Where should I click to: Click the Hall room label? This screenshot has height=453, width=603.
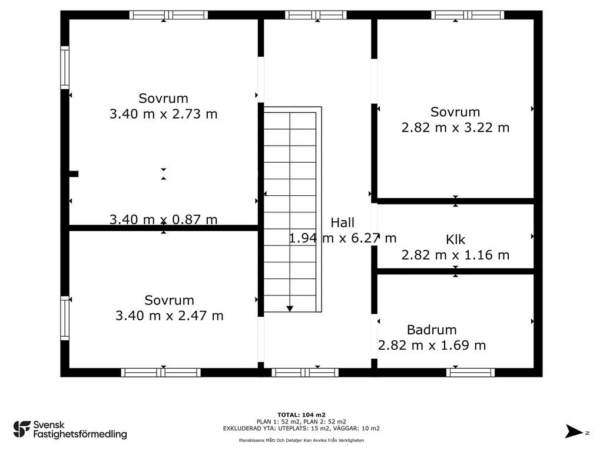click(x=342, y=222)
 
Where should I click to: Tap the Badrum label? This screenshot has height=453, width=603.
click(x=432, y=330)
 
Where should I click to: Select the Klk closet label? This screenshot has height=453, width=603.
click(x=455, y=239)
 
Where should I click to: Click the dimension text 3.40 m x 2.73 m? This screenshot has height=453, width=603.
click(x=164, y=114)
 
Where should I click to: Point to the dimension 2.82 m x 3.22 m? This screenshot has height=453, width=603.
click(x=455, y=127)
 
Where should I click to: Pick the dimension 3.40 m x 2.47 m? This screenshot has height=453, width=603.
click(x=169, y=316)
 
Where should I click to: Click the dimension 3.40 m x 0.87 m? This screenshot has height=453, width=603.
click(x=164, y=219)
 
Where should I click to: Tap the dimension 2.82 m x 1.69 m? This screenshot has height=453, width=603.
click(x=432, y=345)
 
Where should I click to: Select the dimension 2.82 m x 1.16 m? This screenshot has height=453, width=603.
click(x=455, y=255)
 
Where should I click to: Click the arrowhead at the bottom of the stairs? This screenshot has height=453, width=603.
click(x=290, y=308)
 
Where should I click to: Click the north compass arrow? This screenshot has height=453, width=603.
click(x=574, y=431)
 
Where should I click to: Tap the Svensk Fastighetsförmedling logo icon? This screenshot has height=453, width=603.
click(x=22, y=429)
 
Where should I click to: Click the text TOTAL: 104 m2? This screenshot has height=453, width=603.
click(x=301, y=415)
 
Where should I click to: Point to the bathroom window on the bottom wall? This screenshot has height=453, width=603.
click(x=471, y=373)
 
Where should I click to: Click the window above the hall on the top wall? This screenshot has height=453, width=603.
click(x=316, y=15)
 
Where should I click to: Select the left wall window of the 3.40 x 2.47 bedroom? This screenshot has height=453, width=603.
click(x=65, y=318)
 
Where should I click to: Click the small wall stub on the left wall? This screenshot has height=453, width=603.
click(x=74, y=174)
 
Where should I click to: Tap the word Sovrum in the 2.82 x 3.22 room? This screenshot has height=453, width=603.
click(x=455, y=112)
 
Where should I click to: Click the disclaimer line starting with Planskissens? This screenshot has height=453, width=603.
click(x=301, y=440)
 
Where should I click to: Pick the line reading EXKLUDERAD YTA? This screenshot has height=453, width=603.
click(x=301, y=428)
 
